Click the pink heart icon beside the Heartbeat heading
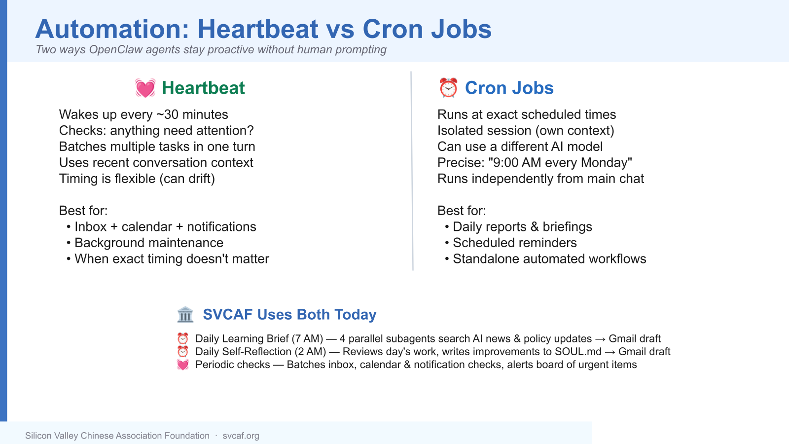(x=145, y=88)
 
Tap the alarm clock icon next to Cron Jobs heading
(x=448, y=88)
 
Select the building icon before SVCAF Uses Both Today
(x=185, y=314)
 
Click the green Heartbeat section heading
(x=203, y=88)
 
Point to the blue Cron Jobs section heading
(x=509, y=88)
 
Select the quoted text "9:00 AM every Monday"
(x=560, y=162)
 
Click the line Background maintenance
(x=148, y=243)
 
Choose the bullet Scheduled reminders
(x=515, y=243)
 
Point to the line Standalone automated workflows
(x=549, y=259)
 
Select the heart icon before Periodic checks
(x=183, y=365)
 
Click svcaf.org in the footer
(x=241, y=436)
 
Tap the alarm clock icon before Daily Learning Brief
(x=183, y=338)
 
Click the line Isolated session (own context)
(x=526, y=131)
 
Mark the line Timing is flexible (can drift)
(x=137, y=179)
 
